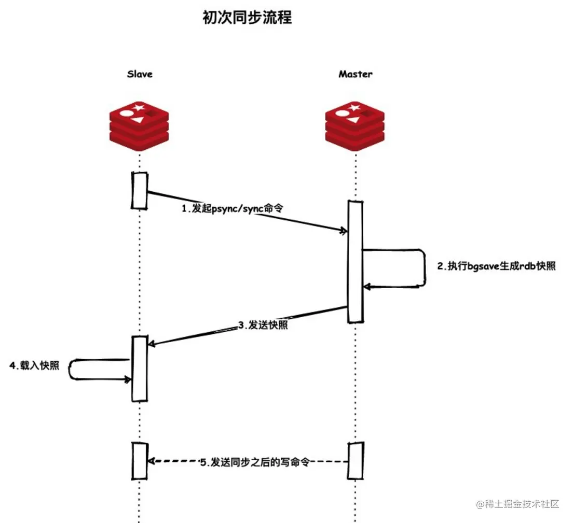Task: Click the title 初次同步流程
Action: coord(247,18)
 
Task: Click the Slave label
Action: coord(140,74)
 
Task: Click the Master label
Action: coord(356,74)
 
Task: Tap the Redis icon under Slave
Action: coord(139,126)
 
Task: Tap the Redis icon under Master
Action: coord(355,126)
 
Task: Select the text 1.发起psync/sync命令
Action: coord(233,208)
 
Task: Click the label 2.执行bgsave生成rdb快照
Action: coord(496,267)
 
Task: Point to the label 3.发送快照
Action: coord(263,326)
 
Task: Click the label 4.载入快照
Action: coord(34,365)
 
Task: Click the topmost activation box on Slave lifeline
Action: coord(140,190)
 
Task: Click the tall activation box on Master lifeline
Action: coord(355,262)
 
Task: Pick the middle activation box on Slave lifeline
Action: coord(140,369)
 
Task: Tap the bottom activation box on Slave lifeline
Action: coord(140,461)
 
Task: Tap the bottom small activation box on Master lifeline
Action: coord(356,460)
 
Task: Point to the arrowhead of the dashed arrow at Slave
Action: coord(151,461)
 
